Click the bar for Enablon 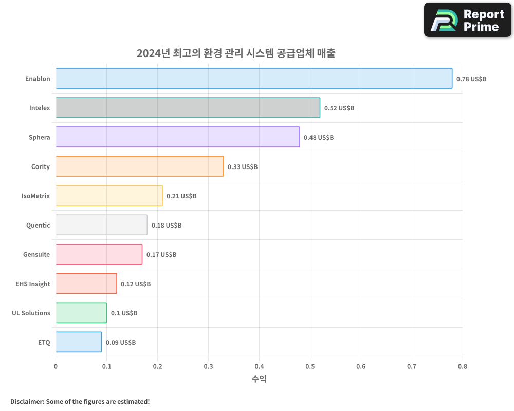pyautogui.click(x=254, y=79)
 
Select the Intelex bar pyautogui.click(x=188, y=108)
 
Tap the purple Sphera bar pyautogui.click(x=177, y=137)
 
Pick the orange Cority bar pyautogui.click(x=139, y=166)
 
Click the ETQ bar pyautogui.click(x=78, y=342)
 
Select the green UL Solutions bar pyautogui.click(x=81, y=313)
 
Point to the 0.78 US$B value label pyautogui.click(x=471, y=79)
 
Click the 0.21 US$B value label pyautogui.click(x=181, y=196)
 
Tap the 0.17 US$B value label pyautogui.click(x=161, y=255)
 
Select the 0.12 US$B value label pyautogui.click(x=136, y=284)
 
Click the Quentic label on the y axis pyautogui.click(x=38, y=225)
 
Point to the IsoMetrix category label pyautogui.click(x=35, y=196)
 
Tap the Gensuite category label pyautogui.click(x=36, y=254)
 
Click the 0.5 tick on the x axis pyautogui.click(x=310, y=366)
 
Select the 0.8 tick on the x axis pyautogui.click(x=463, y=366)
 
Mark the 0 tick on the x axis pyautogui.click(x=56, y=366)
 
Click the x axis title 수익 pyautogui.click(x=259, y=379)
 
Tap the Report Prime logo pyautogui.click(x=468, y=20)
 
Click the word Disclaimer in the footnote pyautogui.click(x=27, y=401)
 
